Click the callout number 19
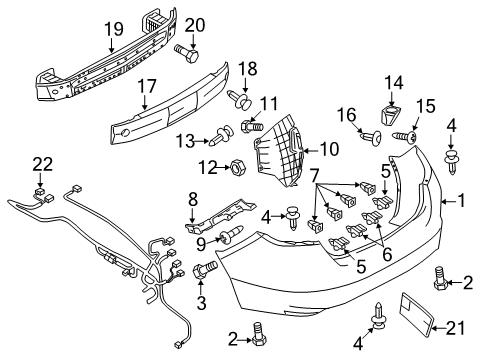pyautogui.click(x=114, y=29)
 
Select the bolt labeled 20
pyautogui.click(x=186, y=54)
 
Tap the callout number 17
pyautogui.click(x=147, y=86)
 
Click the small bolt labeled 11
pyautogui.click(x=252, y=126)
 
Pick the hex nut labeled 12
pyautogui.click(x=238, y=166)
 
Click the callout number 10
pyautogui.click(x=329, y=149)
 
